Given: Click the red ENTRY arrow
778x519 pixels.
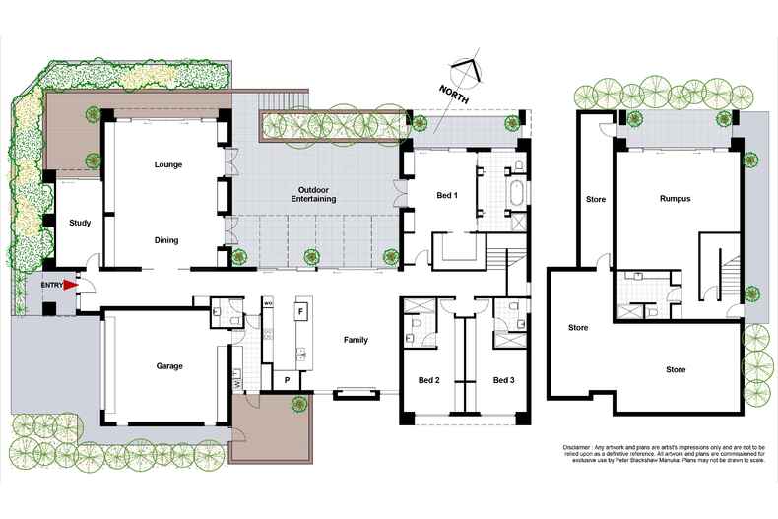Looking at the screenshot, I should pos(70,286).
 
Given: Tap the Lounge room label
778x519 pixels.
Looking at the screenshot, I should pos(168,164).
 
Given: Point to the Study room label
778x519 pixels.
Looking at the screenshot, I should pos(80,223).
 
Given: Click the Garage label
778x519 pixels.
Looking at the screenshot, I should pos(168,366).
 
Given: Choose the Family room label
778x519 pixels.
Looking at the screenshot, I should pos(356,340).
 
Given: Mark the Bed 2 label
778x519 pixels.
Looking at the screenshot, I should pos(428,380).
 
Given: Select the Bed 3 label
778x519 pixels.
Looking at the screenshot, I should pos(503,380).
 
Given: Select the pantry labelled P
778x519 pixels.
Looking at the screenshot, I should pos(287,379).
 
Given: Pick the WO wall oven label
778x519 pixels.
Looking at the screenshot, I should pos(267,304).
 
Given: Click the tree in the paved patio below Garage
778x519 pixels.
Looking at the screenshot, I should pos(293,402).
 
